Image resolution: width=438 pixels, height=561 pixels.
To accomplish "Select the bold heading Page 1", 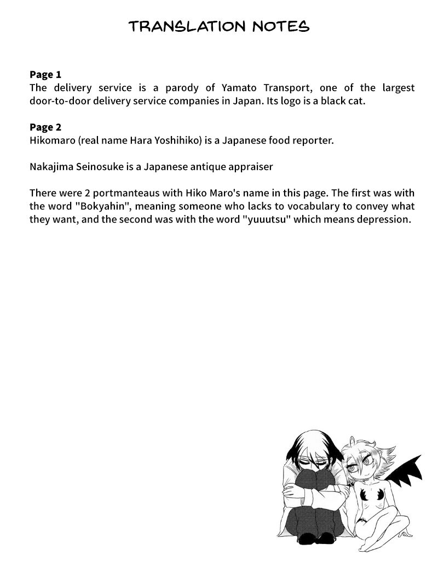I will [x=45, y=75].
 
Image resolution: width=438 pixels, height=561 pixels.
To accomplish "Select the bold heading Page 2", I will [x=45, y=127].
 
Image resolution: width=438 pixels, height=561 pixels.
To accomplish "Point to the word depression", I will [x=383, y=219].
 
